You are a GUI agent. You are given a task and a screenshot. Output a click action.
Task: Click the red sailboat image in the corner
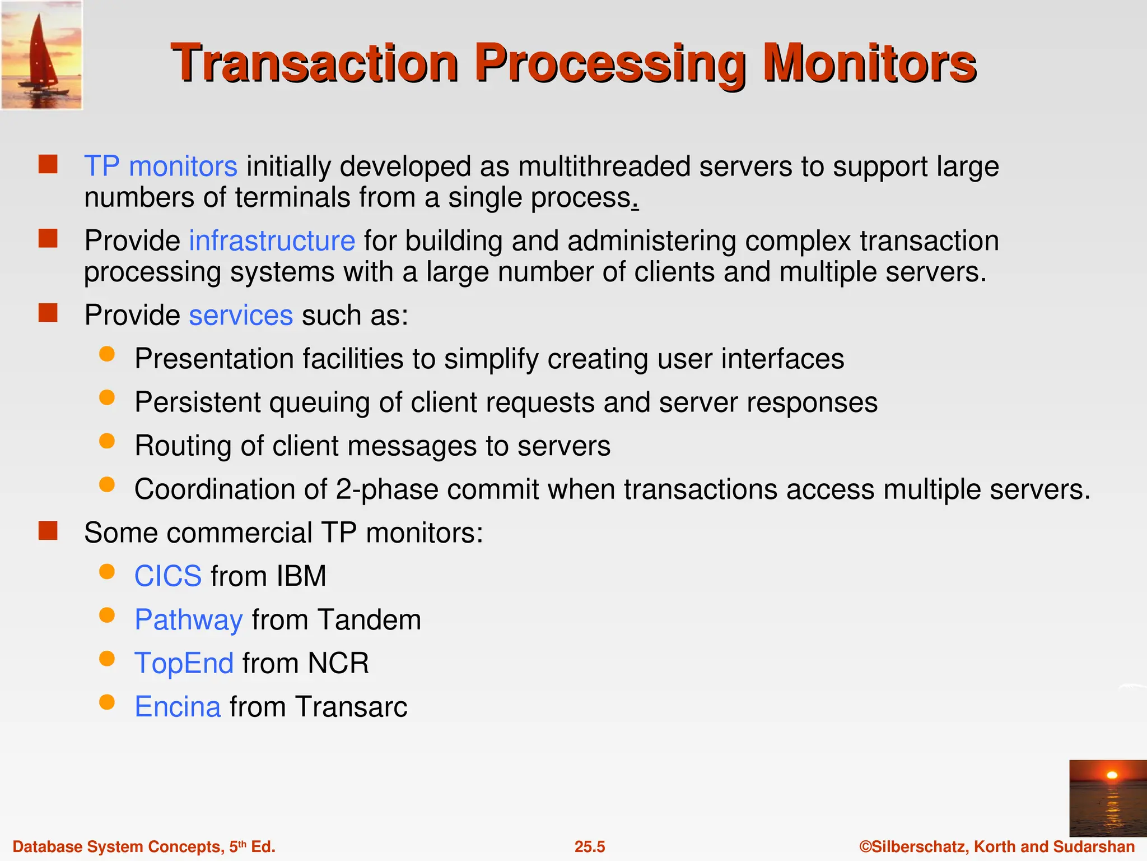click(41, 55)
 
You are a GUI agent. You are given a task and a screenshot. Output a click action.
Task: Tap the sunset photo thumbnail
click(1107, 798)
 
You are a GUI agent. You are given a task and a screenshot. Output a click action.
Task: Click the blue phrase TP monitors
click(160, 166)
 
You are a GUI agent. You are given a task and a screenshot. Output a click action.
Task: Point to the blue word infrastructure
click(272, 241)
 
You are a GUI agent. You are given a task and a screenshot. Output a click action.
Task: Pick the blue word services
click(241, 315)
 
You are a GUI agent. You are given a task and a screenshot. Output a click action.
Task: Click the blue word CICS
click(168, 576)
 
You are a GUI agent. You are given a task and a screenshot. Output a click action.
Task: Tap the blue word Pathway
click(189, 620)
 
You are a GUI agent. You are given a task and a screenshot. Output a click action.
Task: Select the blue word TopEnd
click(184, 663)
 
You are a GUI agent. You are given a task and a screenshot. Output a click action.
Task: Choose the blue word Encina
click(178, 707)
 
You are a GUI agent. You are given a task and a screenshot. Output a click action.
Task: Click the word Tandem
click(369, 620)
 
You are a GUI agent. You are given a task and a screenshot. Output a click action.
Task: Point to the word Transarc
click(351, 707)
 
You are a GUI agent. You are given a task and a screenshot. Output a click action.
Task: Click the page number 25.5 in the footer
click(590, 846)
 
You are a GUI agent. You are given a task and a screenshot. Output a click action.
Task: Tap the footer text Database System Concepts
click(118, 846)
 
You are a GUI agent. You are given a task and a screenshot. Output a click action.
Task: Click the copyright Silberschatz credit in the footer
click(997, 846)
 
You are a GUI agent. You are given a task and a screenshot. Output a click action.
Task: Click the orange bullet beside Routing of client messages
click(107, 441)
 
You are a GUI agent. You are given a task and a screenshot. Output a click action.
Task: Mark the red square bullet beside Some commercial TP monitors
click(48, 530)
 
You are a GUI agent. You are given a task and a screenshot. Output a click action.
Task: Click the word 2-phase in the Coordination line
click(387, 489)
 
